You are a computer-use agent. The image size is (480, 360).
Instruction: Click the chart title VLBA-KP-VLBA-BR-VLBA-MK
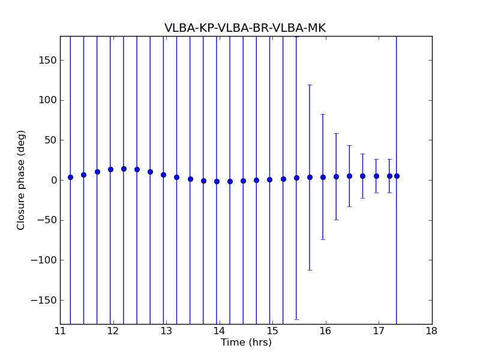point(245,28)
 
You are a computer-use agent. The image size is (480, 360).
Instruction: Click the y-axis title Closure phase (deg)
point(22,180)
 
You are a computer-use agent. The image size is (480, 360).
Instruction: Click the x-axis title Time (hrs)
point(246,343)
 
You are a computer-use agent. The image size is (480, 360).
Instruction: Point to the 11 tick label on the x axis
point(60,331)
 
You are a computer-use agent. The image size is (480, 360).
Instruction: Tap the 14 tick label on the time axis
point(219,331)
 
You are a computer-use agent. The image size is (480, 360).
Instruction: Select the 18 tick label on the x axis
point(431,331)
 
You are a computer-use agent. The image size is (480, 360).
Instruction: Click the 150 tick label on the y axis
point(49,60)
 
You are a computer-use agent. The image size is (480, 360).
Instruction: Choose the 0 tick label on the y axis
point(53,180)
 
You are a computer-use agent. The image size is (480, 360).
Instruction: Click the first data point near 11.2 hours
point(70,177)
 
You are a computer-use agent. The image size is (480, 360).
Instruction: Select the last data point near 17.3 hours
point(397,176)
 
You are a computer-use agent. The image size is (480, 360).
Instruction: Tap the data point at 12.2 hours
point(124,169)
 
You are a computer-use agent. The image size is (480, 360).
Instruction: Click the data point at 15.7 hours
point(310,177)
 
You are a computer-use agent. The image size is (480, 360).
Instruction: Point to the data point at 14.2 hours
point(230,181)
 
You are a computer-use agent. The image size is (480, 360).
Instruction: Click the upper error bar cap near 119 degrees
point(310,85)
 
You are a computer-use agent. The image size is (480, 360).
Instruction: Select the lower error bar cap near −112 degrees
point(310,270)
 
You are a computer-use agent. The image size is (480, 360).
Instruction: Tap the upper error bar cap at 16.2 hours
point(336,133)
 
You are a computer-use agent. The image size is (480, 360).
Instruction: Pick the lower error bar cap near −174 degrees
point(296,319)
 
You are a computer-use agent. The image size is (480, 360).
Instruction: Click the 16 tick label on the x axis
point(325,331)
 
